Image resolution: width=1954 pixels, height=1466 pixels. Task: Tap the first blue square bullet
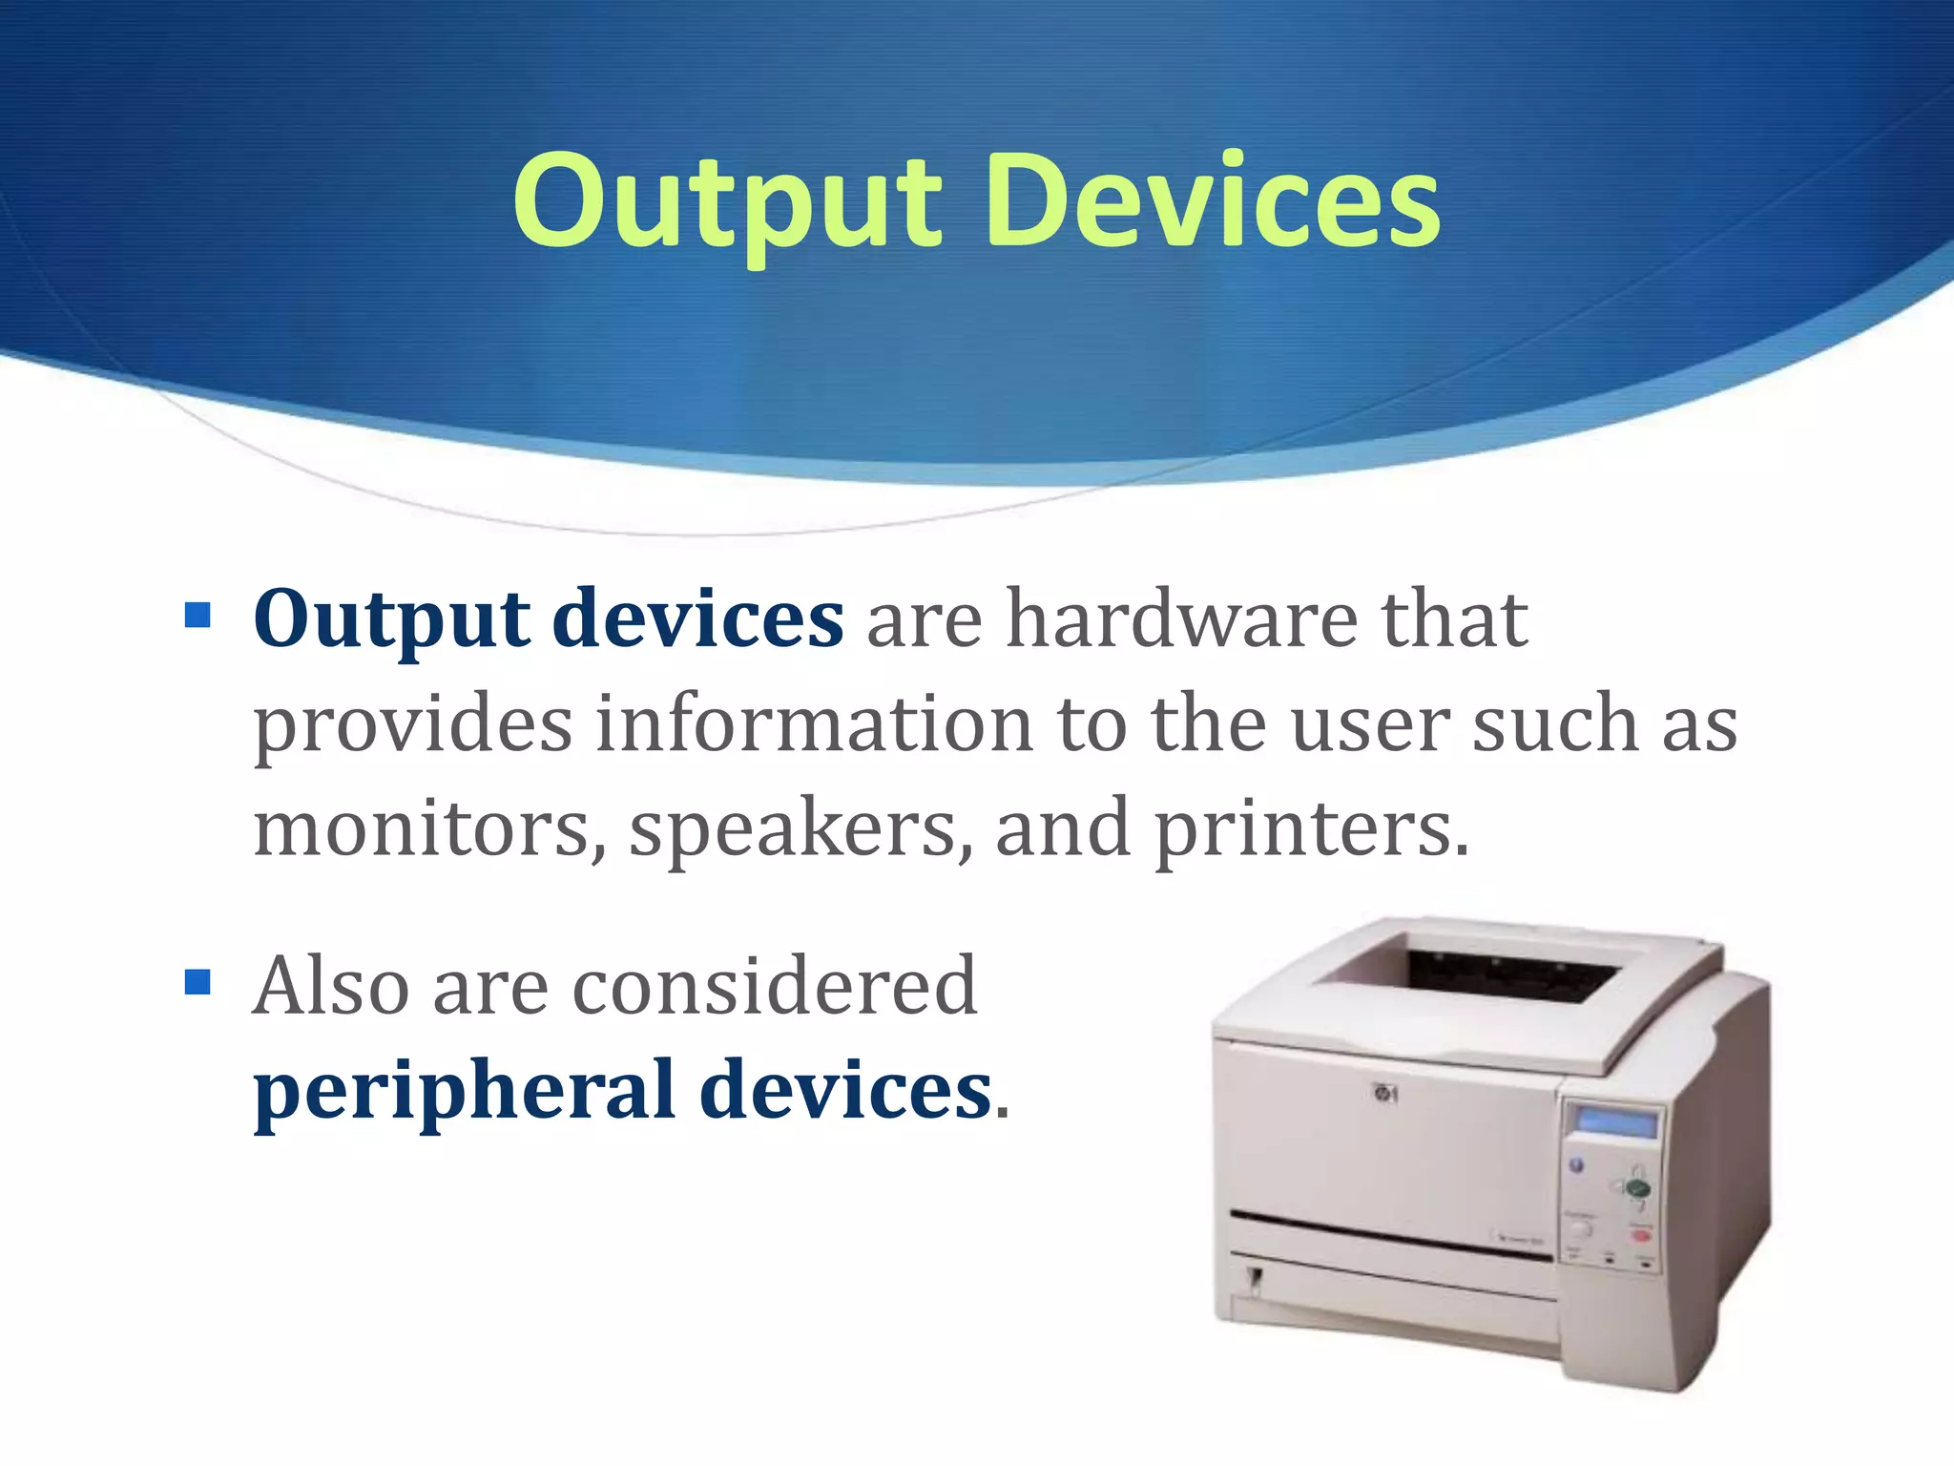click(197, 615)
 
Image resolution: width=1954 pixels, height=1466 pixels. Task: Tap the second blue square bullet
click(197, 982)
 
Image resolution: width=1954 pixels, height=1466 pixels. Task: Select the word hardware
click(1182, 619)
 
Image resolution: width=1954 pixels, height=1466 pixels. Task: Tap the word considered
click(775, 985)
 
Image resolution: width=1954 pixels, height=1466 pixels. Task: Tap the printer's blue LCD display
click(1616, 1122)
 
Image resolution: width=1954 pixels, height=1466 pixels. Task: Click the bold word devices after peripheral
click(845, 1090)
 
